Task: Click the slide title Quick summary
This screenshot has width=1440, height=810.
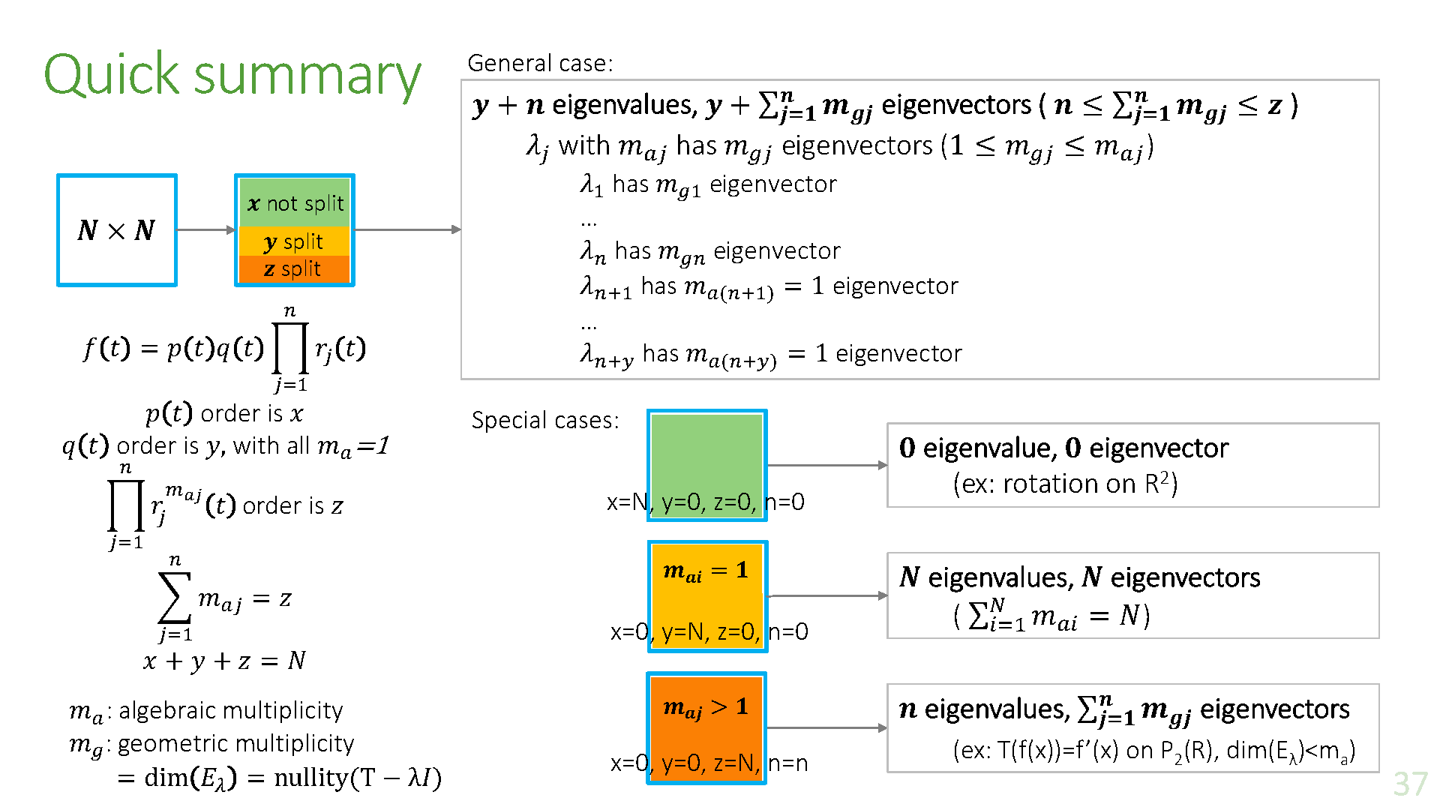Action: point(232,75)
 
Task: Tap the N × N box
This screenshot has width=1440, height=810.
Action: point(117,230)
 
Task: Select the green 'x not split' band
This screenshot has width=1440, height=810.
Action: point(295,202)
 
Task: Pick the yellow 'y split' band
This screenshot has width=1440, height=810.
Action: point(295,241)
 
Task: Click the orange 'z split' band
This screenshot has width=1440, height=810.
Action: point(295,268)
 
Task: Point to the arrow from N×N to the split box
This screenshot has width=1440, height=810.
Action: point(205,229)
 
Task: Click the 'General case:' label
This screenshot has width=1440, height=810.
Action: point(540,63)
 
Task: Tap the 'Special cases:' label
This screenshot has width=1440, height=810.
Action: point(545,420)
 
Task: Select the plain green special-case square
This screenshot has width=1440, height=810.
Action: point(706,454)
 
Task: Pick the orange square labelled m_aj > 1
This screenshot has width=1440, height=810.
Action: point(706,720)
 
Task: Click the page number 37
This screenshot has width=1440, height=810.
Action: point(1410,784)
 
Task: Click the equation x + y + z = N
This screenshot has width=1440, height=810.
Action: point(224,661)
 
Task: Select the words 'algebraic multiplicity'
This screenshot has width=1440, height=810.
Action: point(231,710)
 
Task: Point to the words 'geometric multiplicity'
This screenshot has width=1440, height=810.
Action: point(235,743)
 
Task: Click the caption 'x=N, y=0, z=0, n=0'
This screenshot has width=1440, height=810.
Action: point(705,502)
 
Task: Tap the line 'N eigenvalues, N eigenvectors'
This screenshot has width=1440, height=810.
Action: point(1079,577)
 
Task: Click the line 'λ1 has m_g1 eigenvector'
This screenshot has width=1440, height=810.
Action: point(708,184)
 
